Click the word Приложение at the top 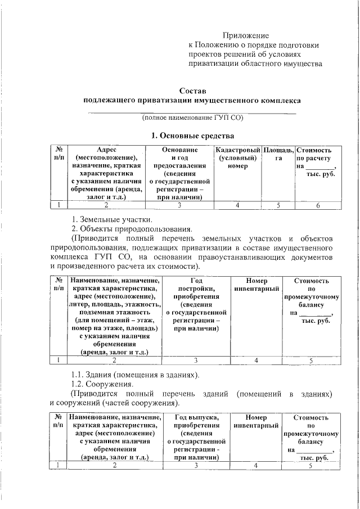pyautogui.click(x=246, y=35)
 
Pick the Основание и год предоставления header pyautogui.click(x=179, y=174)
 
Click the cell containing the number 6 pyautogui.click(x=317, y=205)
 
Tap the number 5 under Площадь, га pyautogui.click(x=278, y=205)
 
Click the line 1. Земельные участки pyautogui.click(x=111, y=219)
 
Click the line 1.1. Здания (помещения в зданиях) pyautogui.click(x=135, y=375)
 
